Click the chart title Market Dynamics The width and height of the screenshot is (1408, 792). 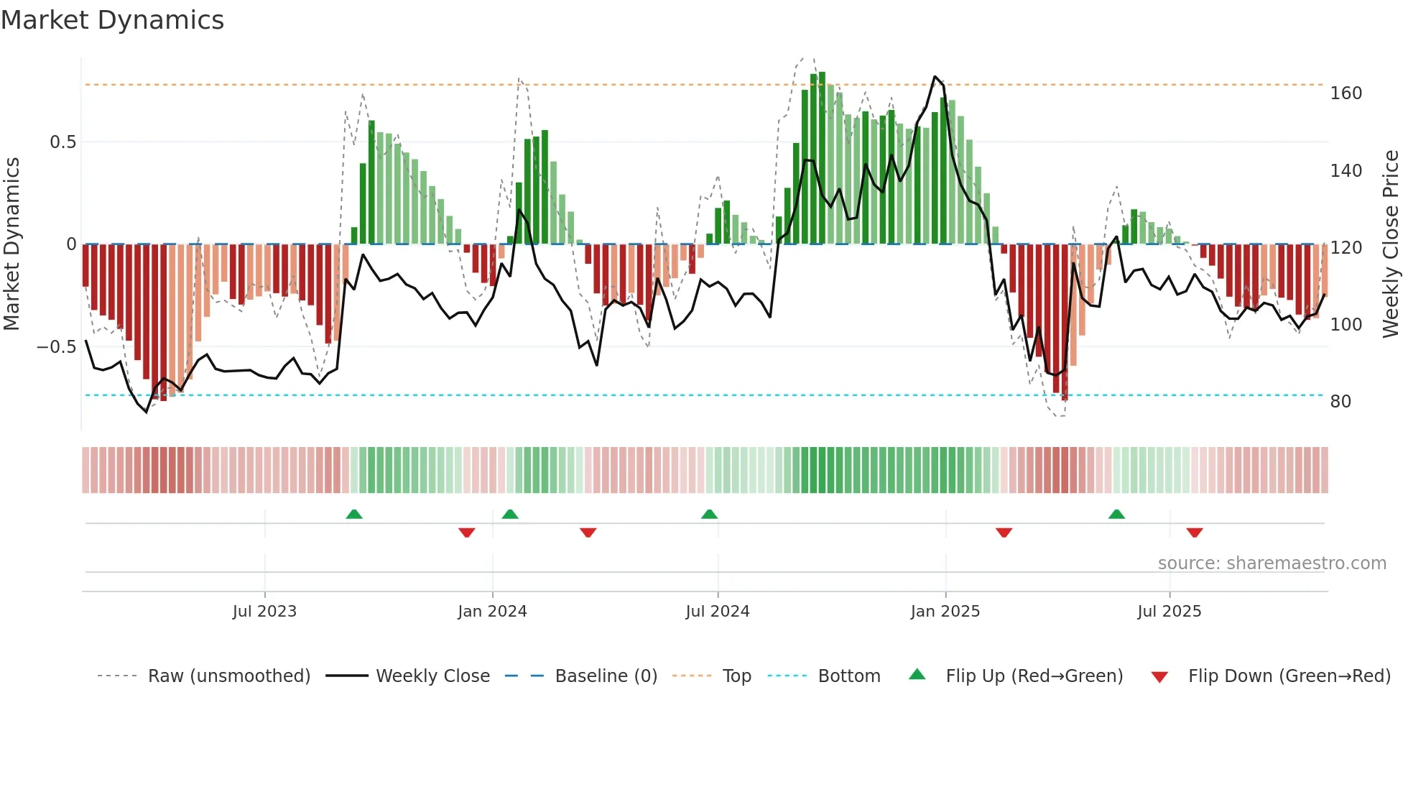pos(112,20)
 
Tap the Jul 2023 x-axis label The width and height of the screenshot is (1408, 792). pos(264,612)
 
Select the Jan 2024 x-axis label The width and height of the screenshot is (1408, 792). pos(492,612)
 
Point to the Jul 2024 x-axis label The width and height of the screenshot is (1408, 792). pos(717,612)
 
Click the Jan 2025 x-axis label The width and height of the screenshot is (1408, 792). pos(945,612)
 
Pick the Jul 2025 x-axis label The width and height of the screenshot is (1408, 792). pos(1169,612)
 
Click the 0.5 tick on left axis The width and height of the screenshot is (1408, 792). pos(62,142)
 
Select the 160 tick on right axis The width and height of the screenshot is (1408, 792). pos(1346,93)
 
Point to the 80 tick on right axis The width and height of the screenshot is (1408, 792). pos(1340,402)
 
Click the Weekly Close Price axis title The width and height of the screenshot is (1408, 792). pos(1391,244)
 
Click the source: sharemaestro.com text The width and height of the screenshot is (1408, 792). pos(1272,563)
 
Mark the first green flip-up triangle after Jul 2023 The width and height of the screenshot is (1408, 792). pos(353,515)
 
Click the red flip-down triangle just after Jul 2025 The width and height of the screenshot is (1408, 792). pos(1194,533)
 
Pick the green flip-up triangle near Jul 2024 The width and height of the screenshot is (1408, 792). pos(709,515)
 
